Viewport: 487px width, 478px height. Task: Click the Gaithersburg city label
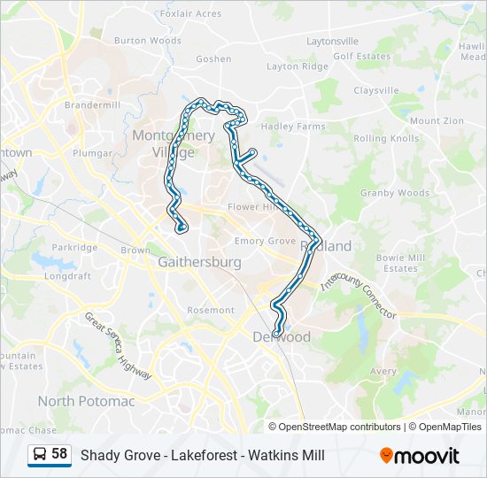point(199,263)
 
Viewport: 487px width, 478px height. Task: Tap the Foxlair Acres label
point(191,13)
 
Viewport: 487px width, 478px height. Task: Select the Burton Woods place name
point(148,41)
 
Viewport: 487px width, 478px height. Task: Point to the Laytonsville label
point(332,42)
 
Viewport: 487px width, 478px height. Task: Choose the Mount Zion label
point(437,120)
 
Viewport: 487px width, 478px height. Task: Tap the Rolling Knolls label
point(386,139)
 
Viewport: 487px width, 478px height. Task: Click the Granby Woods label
point(394,193)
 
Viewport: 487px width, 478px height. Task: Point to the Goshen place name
point(213,59)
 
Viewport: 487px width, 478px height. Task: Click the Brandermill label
point(92,104)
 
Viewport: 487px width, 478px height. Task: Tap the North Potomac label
point(86,401)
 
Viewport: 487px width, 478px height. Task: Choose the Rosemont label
point(211,311)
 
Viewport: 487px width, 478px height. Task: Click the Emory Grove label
point(265,241)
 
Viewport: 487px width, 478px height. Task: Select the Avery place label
point(383,372)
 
